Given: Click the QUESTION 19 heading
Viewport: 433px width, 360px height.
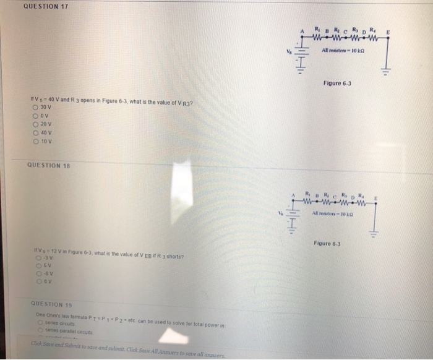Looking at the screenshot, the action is pos(51,304).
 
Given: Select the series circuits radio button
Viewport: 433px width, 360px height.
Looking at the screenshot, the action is pos(39,322).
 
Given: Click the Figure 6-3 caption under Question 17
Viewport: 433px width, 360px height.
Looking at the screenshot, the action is pos(336,82).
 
